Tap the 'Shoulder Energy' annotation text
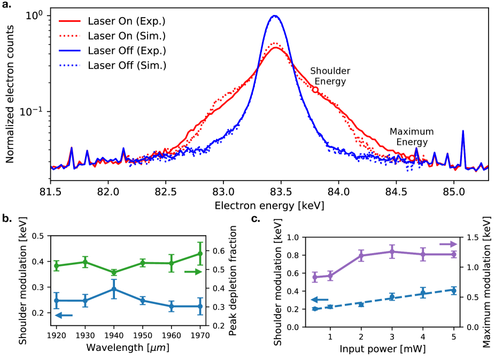[330, 76]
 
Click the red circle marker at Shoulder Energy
[316, 90]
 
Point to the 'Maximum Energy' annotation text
[408, 136]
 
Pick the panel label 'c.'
[254, 218]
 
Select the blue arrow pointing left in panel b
[64, 316]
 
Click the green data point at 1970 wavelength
[200, 254]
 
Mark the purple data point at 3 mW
[392, 252]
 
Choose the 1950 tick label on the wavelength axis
[142, 336]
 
